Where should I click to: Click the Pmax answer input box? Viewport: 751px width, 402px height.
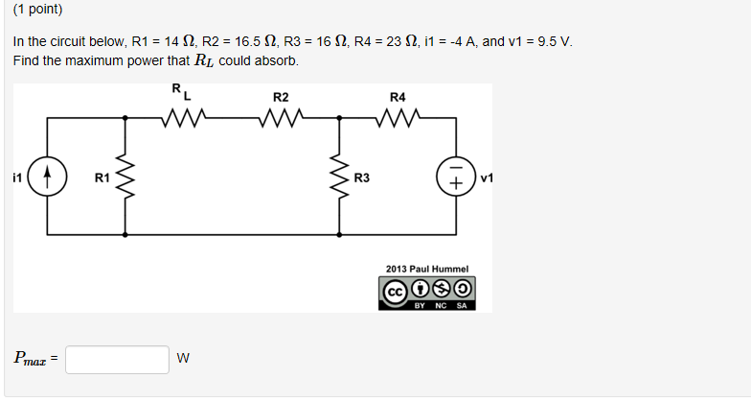[x=118, y=359]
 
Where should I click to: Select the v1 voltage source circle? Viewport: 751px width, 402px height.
[x=455, y=177]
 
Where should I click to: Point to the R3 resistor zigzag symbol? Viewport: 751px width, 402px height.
[x=337, y=177]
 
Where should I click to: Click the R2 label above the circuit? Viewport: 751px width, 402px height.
[x=280, y=96]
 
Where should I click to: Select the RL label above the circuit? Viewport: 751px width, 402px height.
[x=181, y=92]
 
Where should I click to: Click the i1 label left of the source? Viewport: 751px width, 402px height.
[x=17, y=177]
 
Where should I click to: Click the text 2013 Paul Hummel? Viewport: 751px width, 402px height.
[x=425, y=270]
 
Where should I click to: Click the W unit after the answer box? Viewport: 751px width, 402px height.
[x=183, y=359]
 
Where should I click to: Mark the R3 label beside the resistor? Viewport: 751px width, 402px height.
[x=362, y=177]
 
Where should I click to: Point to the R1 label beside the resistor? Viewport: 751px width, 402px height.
[x=102, y=177]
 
